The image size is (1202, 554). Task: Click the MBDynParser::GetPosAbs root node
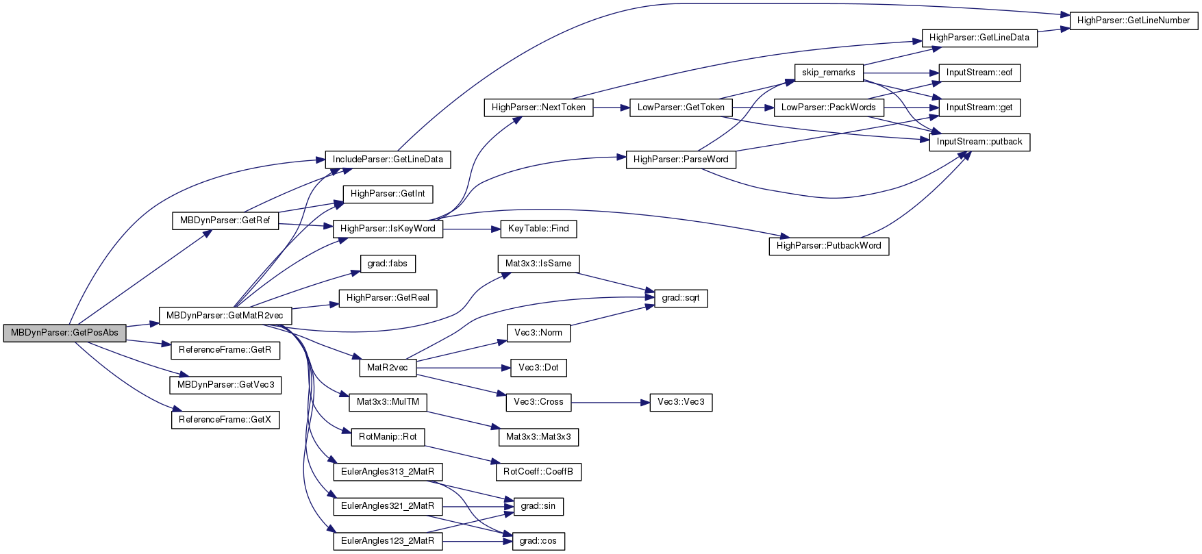click(64, 333)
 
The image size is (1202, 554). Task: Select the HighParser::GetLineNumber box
click(1134, 21)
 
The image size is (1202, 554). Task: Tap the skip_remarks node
click(829, 73)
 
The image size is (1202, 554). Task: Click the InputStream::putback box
click(979, 142)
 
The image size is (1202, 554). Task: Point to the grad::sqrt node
click(681, 299)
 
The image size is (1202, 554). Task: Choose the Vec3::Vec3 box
click(681, 402)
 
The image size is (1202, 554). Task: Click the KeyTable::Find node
click(538, 229)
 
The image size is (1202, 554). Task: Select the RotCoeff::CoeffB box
click(538, 472)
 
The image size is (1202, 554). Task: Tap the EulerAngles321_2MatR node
click(388, 506)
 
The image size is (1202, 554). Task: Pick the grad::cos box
click(538, 541)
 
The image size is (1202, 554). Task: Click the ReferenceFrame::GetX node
click(225, 420)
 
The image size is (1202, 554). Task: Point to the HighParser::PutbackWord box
click(829, 246)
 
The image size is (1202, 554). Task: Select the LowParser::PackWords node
click(829, 108)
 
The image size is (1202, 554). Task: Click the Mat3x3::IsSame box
click(538, 264)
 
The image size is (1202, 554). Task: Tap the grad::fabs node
click(388, 264)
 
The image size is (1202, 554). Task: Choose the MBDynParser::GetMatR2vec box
click(225, 316)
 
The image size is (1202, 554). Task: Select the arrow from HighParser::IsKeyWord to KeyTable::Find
click(472, 229)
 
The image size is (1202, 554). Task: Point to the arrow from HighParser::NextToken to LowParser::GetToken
click(612, 108)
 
